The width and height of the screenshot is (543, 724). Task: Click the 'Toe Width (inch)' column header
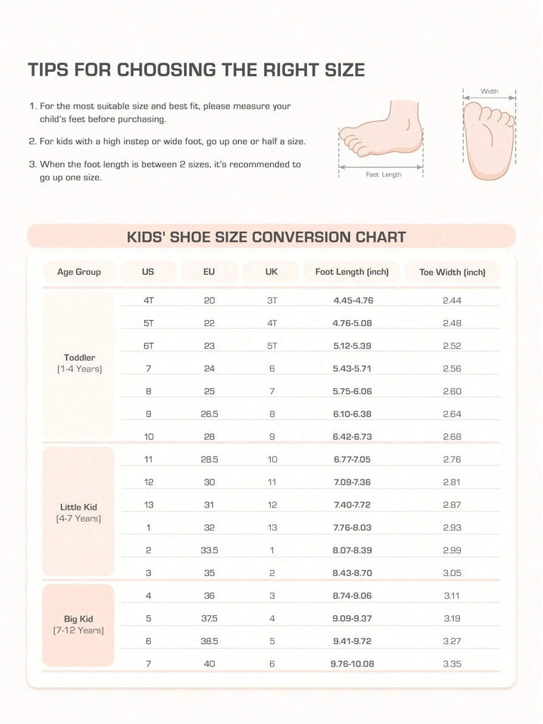tap(452, 272)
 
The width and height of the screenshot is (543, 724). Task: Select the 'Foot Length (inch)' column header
tap(351, 272)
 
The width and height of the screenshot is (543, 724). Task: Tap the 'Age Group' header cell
tap(78, 272)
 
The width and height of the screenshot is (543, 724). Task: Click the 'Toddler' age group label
tap(79, 357)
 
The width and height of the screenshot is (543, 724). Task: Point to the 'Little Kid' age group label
tap(79, 507)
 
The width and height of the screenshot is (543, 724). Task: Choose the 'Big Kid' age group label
tap(79, 619)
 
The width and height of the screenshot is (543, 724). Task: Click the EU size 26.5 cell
tap(210, 414)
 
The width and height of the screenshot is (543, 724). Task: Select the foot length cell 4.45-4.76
tap(353, 300)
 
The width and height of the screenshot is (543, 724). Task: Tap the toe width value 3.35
tap(452, 664)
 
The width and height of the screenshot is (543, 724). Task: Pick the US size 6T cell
tap(149, 346)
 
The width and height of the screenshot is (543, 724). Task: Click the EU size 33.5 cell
tap(210, 550)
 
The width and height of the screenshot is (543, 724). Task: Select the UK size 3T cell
tap(272, 300)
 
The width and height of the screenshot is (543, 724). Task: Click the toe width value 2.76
tap(452, 459)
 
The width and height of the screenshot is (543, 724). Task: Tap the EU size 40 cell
tap(210, 664)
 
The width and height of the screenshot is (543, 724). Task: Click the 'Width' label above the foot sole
tap(489, 91)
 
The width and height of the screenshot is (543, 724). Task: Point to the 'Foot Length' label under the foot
tap(384, 174)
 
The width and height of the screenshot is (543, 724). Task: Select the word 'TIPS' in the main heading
tap(51, 70)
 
